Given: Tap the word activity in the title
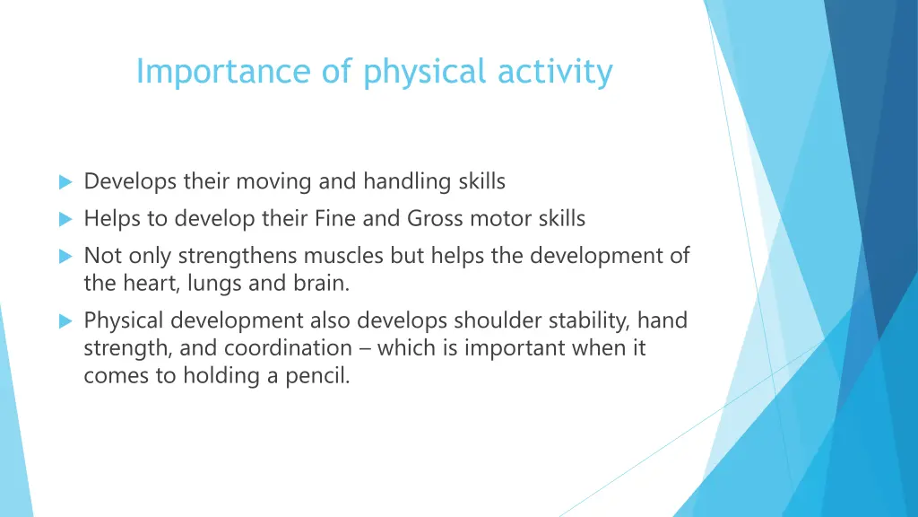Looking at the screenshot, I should tap(556, 72).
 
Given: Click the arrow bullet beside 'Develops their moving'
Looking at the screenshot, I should tap(65, 182).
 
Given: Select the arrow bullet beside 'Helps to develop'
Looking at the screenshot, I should tap(65, 219).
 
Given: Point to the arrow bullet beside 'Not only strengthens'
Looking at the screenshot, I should tap(65, 257).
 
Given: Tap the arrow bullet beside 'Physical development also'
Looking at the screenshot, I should tap(65, 320).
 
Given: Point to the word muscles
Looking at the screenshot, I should tap(349, 256).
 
